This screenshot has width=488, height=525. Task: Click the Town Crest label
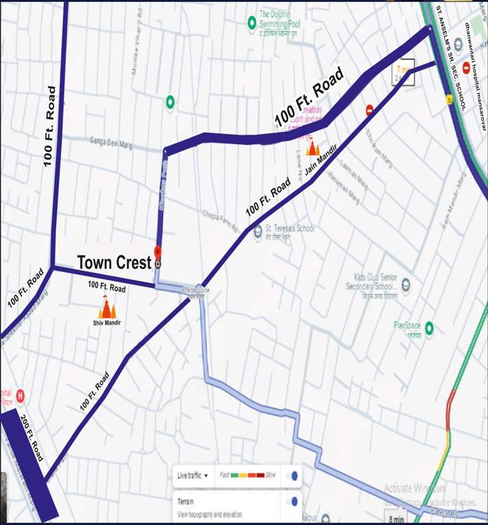[114, 262]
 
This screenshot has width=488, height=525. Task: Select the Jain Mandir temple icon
[313, 148]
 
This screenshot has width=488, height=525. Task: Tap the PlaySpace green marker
[430, 328]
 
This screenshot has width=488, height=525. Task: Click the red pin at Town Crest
[158, 252]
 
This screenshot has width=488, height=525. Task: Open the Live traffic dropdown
[192, 475]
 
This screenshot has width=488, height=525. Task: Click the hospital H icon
[20, 395]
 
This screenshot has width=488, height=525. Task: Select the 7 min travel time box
[402, 72]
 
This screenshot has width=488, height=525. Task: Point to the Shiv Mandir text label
[107, 323]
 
